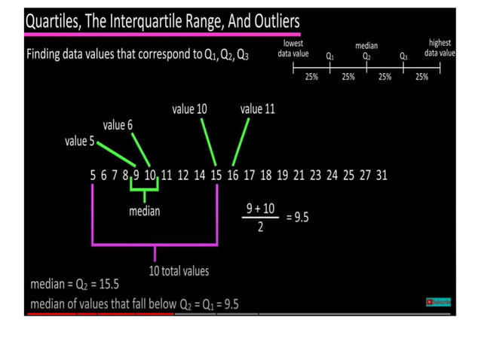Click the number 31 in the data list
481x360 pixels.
(381, 175)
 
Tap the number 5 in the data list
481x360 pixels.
(93, 175)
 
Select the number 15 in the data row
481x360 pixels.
(216, 175)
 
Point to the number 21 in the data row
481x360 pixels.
(299, 175)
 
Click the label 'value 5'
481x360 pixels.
(80, 142)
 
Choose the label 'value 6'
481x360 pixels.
(118, 125)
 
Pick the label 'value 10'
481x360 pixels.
(189, 109)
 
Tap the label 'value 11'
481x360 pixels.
(257, 109)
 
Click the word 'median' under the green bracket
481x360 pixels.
(144, 212)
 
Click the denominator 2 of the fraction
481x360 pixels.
(260, 227)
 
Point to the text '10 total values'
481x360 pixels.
(178, 271)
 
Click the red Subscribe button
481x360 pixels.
(438, 302)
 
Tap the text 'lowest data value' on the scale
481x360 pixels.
(293, 48)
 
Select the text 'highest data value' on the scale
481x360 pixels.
(440, 48)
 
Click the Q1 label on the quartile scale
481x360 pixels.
(330, 56)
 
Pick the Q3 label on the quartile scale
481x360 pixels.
(403, 56)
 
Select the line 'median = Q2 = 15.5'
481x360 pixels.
(75, 285)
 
